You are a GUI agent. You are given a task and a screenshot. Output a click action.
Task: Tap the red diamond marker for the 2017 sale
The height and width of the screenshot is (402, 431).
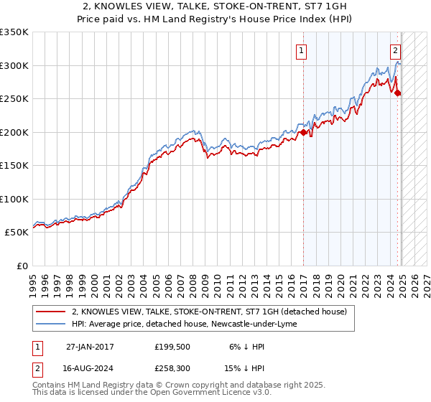[303, 132]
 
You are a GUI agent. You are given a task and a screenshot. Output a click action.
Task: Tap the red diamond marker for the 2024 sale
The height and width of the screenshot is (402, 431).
[398, 93]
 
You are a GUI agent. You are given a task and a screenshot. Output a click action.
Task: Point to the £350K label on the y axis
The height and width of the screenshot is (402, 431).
[14, 32]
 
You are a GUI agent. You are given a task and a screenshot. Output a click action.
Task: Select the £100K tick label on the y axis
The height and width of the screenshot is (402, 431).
[14, 199]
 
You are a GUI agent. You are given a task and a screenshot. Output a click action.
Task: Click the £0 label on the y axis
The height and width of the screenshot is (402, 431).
[22, 266]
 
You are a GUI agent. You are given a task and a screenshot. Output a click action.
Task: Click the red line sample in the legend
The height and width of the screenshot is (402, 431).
[50, 312]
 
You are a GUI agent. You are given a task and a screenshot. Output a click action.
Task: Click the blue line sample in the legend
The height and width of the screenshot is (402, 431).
[50, 324]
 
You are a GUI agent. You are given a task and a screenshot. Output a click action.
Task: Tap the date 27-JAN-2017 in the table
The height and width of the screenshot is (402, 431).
[90, 347]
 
